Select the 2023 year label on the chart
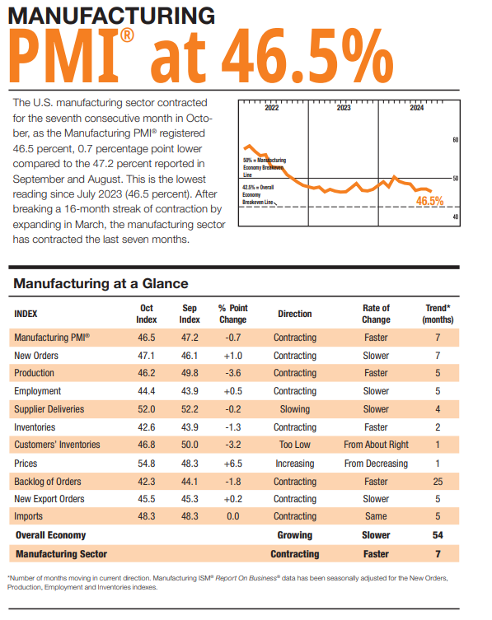pyautogui.click(x=344, y=108)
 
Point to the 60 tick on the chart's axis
pyautogui.click(x=456, y=140)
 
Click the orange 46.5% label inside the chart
pyautogui.click(x=429, y=200)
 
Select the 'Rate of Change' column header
pyautogui.click(x=376, y=314)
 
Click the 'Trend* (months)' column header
pyautogui.click(x=438, y=314)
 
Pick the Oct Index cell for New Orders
pyautogui.click(x=146, y=356)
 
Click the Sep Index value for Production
pyautogui.click(x=190, y=373)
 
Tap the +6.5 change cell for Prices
pyautogui.click(x=232, y=463)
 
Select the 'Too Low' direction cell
pyautogui.click(x=294, y=445)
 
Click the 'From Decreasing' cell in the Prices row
pyautogui.click(x=376, y=463)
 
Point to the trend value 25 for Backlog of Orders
pyautogui.click(x=438, y=481)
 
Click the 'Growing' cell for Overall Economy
pyautogui.click(x=294, y=535)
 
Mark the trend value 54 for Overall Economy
pyautogui.click(x=438, y=535)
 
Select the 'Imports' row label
pyautogui.click(x=30, y=516)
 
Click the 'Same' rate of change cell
pyautogui.click(x=376, y=516)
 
